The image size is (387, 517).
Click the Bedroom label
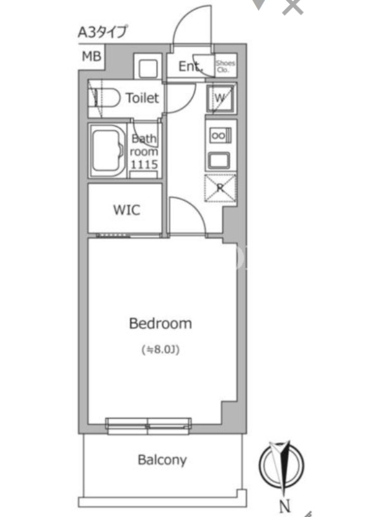[160, 324]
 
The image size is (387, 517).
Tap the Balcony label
[162, 459]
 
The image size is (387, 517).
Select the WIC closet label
[126, 209]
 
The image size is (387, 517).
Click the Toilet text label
[143, 98]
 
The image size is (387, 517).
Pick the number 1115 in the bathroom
[144, 164]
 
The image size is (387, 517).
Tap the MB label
[92, 56]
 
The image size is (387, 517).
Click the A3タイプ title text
[102, 32]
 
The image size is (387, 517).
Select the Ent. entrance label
[190, 67]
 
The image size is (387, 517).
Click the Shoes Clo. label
[225, 66]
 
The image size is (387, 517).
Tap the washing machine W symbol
[220, 98]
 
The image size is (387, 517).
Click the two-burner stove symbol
[220, 135]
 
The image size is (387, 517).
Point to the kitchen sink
[220, 160]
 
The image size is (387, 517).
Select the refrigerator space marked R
[221, 188]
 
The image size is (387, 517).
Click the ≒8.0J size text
[161, 350]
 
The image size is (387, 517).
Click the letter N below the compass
[285, 506]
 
